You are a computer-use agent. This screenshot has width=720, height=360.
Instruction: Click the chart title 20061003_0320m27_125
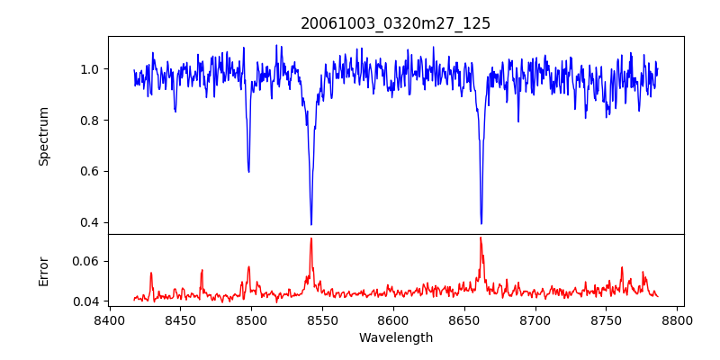pos(395,23)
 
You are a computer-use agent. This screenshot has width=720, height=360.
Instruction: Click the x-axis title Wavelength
pos(395,337)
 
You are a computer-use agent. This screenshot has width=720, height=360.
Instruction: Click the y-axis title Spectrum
pos(43,136)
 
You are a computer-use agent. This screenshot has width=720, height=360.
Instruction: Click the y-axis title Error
pos(43,271)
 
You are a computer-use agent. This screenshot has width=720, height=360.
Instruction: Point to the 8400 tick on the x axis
pos(109,319)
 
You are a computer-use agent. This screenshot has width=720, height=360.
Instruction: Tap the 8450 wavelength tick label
pos(180,319)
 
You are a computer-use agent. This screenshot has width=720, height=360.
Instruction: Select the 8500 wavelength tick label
pos(251,319)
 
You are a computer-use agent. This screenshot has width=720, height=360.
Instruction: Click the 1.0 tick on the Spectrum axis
pos(90,69)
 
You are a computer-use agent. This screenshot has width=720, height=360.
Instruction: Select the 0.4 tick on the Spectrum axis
pos(90,222)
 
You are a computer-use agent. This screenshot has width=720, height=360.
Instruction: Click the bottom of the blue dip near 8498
pos(248,172)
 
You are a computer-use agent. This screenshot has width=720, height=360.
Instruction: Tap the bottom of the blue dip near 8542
pos(311,225)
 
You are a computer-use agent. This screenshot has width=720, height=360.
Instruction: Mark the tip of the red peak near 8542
pos(311,238)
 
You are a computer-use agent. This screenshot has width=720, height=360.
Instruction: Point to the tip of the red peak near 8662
pos(481,238)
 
